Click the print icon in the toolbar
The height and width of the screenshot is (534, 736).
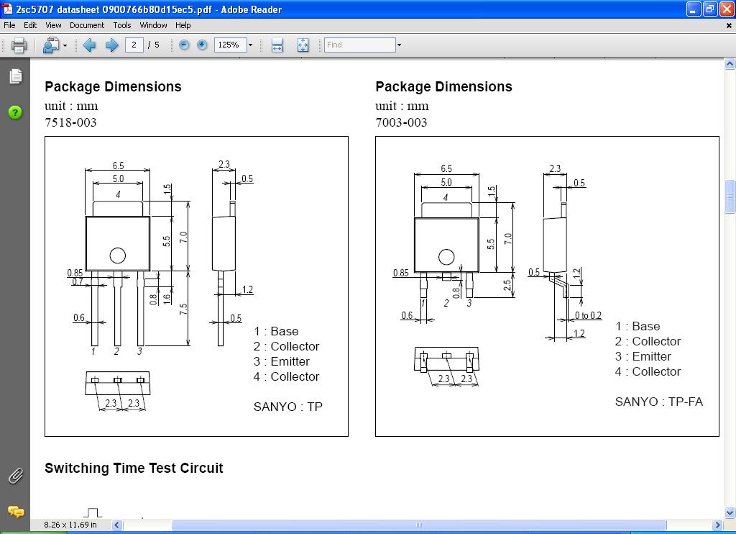pyautogui.click(x=19, y=45)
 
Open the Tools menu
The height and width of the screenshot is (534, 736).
pyautogui.click(x=122, y=25)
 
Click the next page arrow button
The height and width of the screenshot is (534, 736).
pyautogui.click(x=111, y=45)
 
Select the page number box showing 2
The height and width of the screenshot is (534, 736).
pyautogui.click(x=134, y=45)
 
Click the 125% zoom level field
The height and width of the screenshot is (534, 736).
pyautogui.click(x=230, y=45)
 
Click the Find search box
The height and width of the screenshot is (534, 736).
pyautogui.click(x=359, y=45)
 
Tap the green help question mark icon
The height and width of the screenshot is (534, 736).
pyautogui.click(x=15, y=112)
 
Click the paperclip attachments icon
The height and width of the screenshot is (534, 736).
pyautogui.click(x=16, y=476)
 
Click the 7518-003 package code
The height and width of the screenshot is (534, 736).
pyautogui.click(x=70, y=122)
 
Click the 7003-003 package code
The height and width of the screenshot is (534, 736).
pyautogui.click(x=401, y=122)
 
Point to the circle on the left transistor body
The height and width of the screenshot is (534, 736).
pyautogui.click(x=117, y=255)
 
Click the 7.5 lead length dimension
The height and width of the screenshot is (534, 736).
pyautogui.click(x=183, y=309)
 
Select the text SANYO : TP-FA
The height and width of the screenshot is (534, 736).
pyautogui.click(x=659, y=402)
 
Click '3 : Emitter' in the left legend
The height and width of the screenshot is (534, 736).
pyautogui.click(x=282, y=361)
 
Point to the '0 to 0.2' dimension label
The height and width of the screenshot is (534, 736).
pyautogui.click(x=588, y=315)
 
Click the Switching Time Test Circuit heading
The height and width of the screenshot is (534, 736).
pyautogui.click(x=134, y=469)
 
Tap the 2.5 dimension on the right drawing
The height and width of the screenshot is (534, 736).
pyautogui.click(x=507, y=285)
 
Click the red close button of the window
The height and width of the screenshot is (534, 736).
pyautogui.click(x=727, y=9)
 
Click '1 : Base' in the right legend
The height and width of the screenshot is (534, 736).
pyautogui.click(x=638, y=326)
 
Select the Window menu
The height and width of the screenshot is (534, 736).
pyautogui.click(x=154, y=25)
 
